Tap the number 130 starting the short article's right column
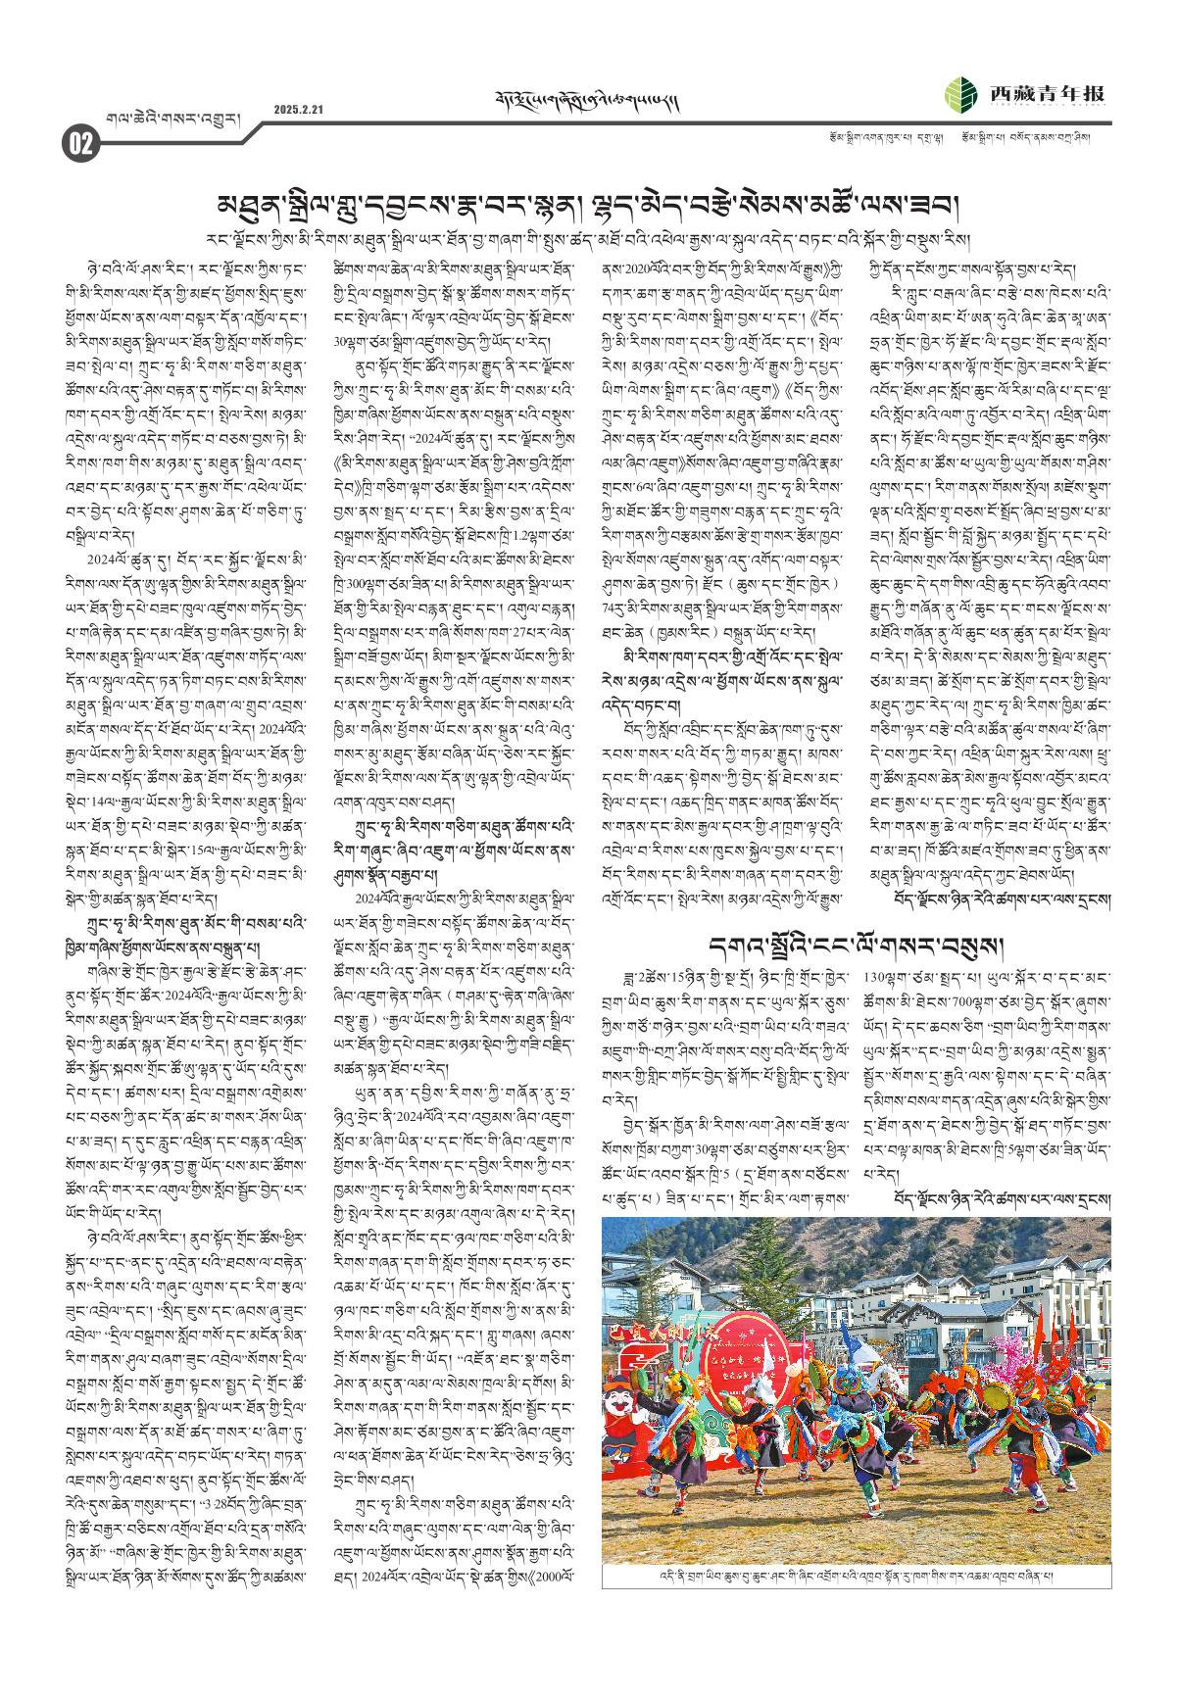875,976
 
